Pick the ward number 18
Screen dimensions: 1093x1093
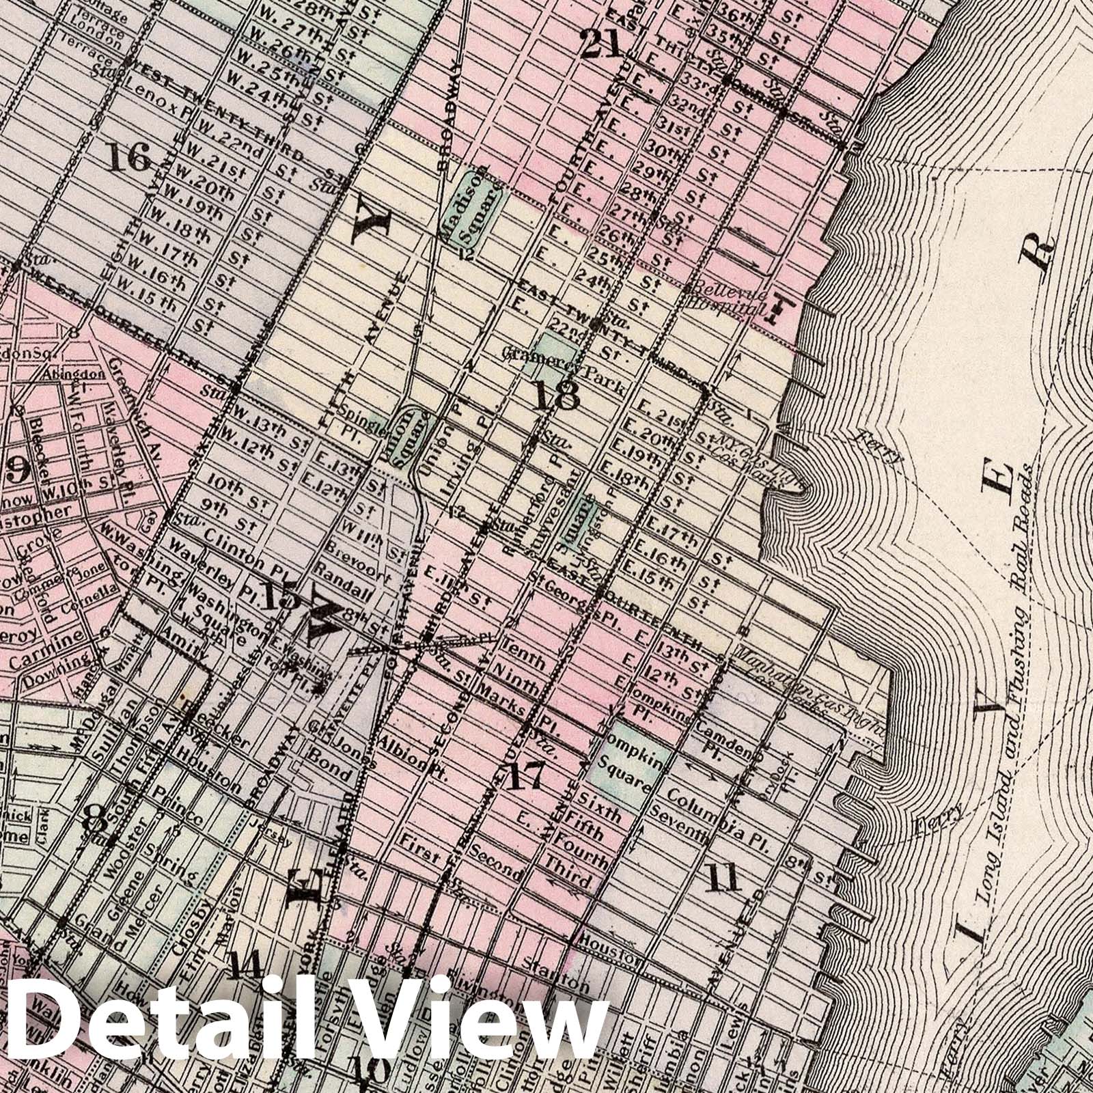[557, 395]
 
